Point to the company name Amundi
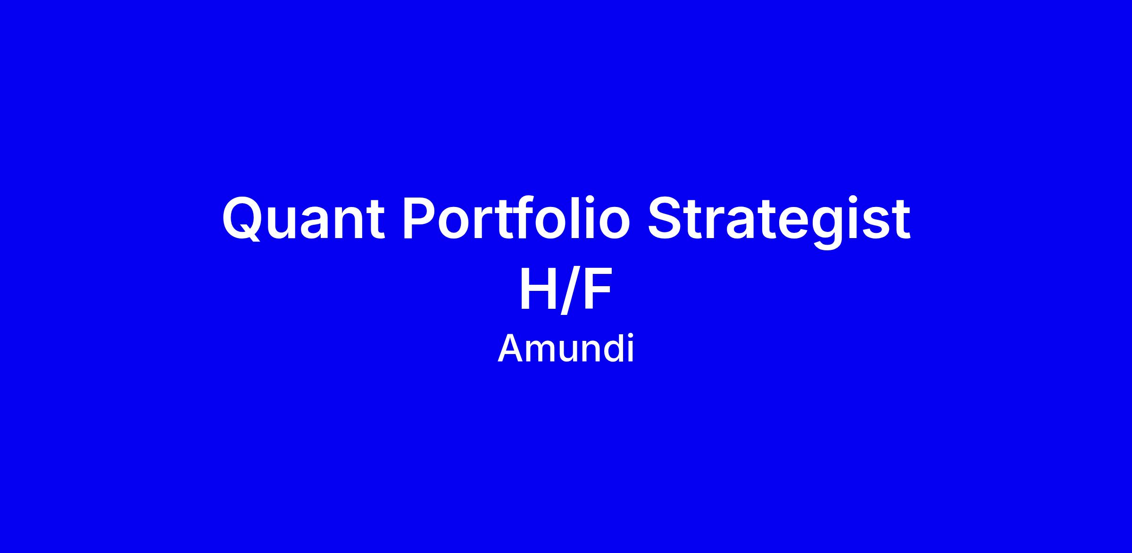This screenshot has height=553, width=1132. click(x=566, y=349)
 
